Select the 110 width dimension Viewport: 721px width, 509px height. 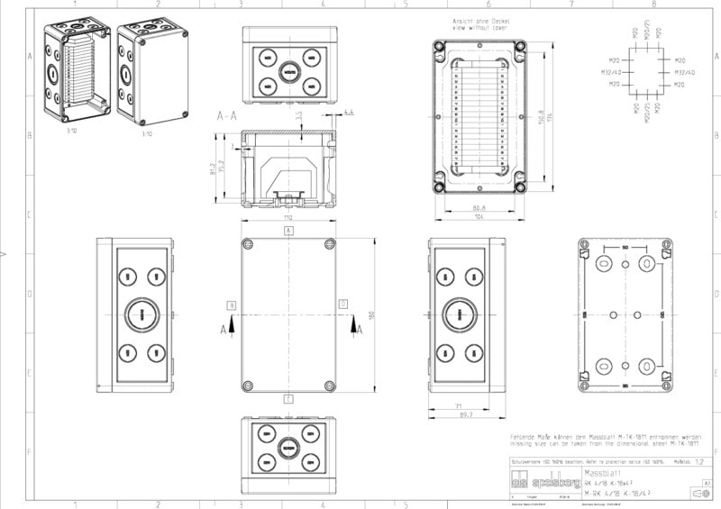tap(288, 219)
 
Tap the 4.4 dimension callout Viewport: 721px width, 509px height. tap(350, 112)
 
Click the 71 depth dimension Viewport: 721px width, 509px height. tap(459, 407)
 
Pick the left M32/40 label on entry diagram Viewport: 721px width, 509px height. tap(610, 71)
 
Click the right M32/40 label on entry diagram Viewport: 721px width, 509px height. tap(685, 71)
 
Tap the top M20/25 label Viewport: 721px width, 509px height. tap(647, 29)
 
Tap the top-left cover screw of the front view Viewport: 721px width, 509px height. tap(248, 244)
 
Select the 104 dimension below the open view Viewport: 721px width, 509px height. tap(479, 218)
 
